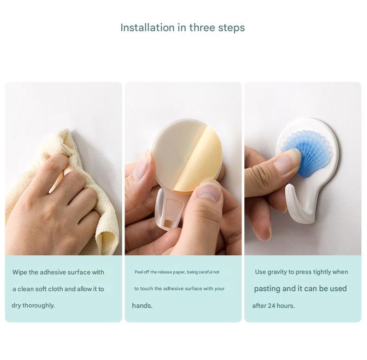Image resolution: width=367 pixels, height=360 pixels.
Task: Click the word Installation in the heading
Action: (147, 27)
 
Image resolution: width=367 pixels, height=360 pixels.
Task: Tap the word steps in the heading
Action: (231, 28)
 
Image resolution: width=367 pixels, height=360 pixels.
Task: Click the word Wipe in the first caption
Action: (20, 272)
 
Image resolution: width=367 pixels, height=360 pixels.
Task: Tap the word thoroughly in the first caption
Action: (39, 306)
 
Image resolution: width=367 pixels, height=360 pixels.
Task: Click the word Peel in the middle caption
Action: (138, 272)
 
